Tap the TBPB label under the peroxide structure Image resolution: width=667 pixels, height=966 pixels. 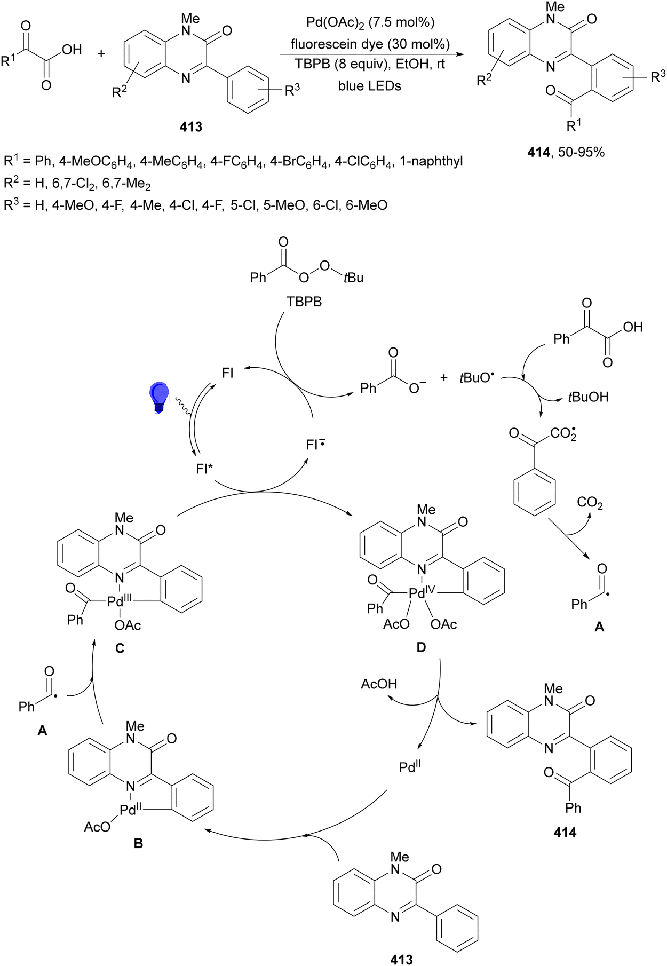(x=304, y=302)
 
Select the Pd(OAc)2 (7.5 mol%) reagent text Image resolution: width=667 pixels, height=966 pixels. (x=370, y=22)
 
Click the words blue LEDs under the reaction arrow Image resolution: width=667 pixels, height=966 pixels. (x=370, y=85)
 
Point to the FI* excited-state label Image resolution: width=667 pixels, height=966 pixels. (x=204, y=469)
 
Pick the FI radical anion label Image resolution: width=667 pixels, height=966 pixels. (x=315, y=444)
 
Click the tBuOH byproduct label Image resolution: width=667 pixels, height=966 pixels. (x=587, y=397)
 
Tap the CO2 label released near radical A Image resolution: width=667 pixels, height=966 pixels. (x=590, y=503)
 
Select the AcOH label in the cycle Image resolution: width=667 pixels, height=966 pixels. (x=379, y=684)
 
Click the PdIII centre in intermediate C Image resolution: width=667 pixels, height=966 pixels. (x=119, y=601)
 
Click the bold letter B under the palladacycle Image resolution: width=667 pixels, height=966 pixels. (x=139, y=843)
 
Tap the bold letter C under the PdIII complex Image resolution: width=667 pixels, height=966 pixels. (x=120, y=648)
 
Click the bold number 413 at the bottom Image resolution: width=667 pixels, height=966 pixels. (x=401, y=959)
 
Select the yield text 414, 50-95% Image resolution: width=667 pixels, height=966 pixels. (x=566, y=153)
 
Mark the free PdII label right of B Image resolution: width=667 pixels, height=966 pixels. (x=410, y=766)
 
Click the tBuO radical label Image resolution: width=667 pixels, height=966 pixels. (x=477, y=377)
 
